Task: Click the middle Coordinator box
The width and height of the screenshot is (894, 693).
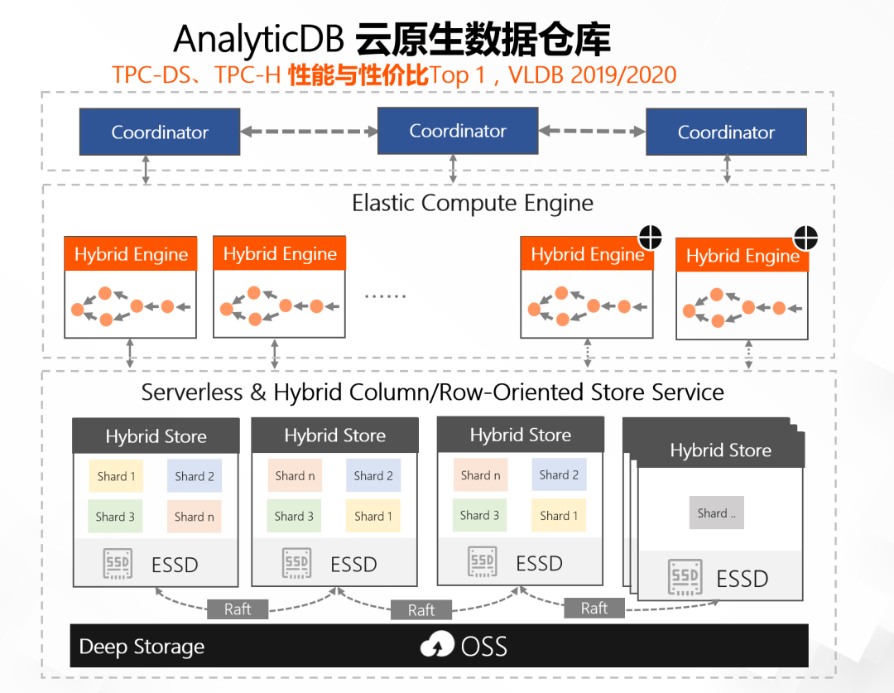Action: tap(458, 131)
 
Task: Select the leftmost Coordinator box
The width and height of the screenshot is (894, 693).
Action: tap(160, 132)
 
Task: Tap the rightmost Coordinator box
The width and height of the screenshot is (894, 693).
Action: tap(726, 132)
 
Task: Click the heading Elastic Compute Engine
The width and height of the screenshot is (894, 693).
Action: tap(473, 203)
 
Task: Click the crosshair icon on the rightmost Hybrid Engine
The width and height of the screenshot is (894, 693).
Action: tap(805, 238)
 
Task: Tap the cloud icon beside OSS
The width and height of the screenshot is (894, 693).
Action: tap(437, 646)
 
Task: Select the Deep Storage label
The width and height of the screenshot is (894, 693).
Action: tap(142, 647)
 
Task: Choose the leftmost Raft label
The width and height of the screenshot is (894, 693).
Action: tap(238, 609)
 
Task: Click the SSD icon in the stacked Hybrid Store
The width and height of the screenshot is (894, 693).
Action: tap(686, 577)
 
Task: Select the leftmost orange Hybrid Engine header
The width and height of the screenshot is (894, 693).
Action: tap(131, 254)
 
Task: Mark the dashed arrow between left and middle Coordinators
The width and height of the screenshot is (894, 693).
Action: tap(309, 131)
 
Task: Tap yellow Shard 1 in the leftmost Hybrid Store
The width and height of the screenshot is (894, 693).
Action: tap(116, 476)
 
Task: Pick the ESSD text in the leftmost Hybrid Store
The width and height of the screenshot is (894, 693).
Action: tap(175, 565)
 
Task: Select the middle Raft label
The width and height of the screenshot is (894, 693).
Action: tap(421, 610)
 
